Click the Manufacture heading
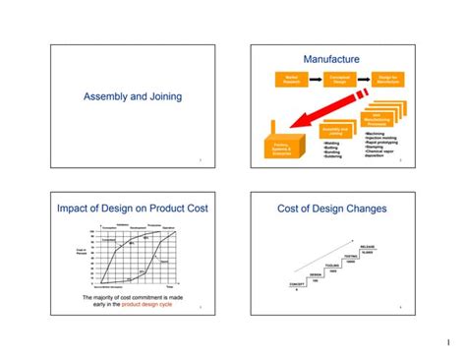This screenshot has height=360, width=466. pyautogui.click(x=331, y=59)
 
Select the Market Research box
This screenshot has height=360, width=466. pyautogui.click(x=291, y=78)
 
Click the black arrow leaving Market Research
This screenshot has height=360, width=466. pyautogui.click(x=314, y=78)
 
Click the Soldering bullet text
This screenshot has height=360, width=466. pyautogui.click(x=332, y=156)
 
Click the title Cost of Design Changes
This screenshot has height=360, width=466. pyautogui.click(x=331, y=209)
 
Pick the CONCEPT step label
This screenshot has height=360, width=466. pyautogui.click(x=298, y=284)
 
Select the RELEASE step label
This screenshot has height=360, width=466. pyautogui.click(x=367, y=246)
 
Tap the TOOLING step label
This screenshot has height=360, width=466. pyautogui.click(x=332, y=266)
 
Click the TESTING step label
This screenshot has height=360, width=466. pyautogui.click(x=350, y=256)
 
